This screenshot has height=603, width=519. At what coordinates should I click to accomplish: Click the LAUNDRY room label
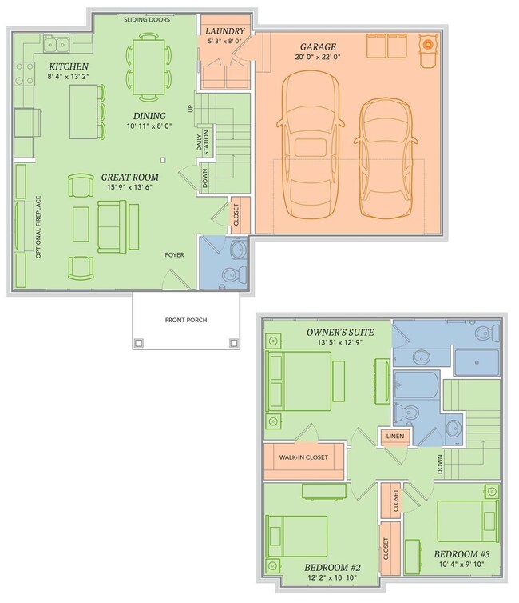(224, 31)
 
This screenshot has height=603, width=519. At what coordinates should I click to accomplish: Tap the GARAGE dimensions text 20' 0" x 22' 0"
(318, 57)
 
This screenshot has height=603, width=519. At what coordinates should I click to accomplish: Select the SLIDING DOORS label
(147, 20)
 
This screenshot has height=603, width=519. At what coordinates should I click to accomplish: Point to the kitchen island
(84, 111)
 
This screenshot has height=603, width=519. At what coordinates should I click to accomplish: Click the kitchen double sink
(57, 45)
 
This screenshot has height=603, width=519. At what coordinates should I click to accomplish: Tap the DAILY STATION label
(203, 142)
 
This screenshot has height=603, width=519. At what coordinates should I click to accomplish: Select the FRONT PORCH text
(186, 320)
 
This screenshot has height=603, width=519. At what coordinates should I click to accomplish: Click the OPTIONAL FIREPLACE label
(38, 227)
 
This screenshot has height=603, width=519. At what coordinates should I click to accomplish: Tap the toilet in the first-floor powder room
(234, 274)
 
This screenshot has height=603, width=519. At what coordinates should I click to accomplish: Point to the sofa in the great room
(112, 226)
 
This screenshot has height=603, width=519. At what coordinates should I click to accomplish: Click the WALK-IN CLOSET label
(303, 457)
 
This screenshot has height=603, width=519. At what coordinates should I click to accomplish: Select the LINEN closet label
(395, 436)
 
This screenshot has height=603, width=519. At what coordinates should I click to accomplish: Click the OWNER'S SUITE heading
(340, 332)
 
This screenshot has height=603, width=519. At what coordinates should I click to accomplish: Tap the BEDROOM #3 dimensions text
(462, 565)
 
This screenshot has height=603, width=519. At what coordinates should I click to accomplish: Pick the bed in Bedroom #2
(297, 537)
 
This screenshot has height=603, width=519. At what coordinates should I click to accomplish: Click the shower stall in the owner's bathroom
(477, 361)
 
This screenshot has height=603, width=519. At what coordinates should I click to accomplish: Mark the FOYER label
(174, 255)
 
